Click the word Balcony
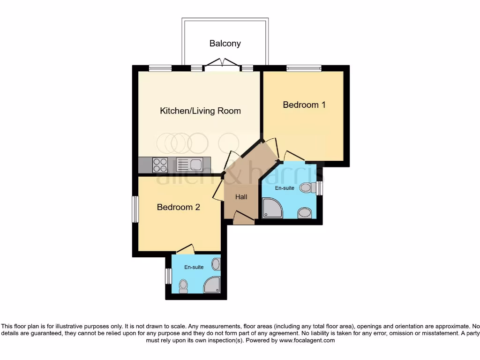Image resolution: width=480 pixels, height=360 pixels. (225, 44)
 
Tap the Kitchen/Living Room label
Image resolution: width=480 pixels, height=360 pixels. (200, 111)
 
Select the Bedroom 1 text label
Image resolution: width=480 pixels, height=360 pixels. (304, 105)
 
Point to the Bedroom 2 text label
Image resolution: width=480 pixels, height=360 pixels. (178, 207)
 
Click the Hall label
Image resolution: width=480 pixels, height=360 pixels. (241, 197)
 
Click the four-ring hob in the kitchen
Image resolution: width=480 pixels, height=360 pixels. (160, 165)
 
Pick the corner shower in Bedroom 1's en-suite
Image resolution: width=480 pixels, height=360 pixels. (272, 208)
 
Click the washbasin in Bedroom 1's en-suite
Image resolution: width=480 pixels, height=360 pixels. (305, 214)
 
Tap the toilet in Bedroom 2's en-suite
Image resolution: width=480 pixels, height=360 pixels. (184, 285)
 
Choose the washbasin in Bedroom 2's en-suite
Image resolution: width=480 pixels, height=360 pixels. (216, 264)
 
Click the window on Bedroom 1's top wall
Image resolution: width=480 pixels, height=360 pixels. (304, 68)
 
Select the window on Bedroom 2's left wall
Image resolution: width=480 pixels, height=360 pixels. (135, 209)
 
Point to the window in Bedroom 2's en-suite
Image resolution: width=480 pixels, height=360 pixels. (168, 276)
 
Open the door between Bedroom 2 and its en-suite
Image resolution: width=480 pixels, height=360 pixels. (184, 249)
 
